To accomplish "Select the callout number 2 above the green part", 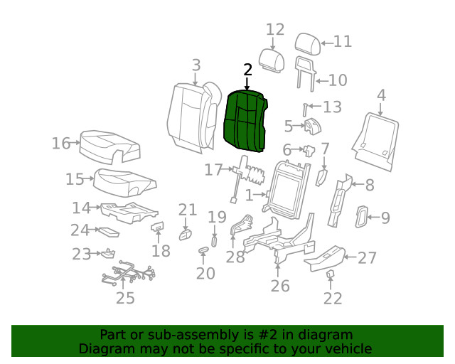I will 247,70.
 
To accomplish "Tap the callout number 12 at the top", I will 275,30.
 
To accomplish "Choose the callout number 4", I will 381,95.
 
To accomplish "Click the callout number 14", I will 81,208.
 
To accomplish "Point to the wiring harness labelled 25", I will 128,272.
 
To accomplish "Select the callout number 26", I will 280,286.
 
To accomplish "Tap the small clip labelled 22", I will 331,275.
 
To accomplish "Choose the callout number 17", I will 213,170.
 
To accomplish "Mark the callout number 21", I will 187,209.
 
